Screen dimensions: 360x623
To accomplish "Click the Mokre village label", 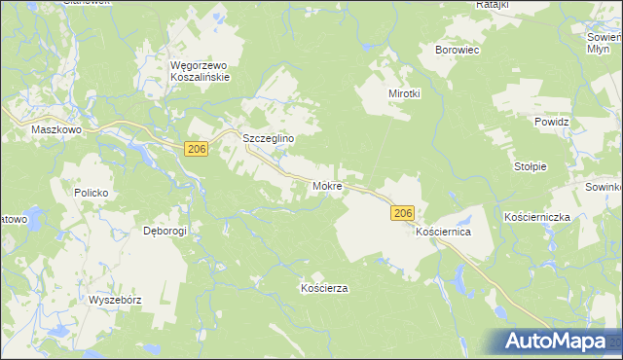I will pyautogui.click(x=326, y=185).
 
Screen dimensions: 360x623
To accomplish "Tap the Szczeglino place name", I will pyautogui.click(x=268, y=139).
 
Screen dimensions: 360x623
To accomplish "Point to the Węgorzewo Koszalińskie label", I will pyautogui.click(x=199, y=71).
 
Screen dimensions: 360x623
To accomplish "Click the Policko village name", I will pyautogui.click(x=90, y=193).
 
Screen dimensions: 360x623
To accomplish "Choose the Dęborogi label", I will pyautogui.click(x=165, y=231).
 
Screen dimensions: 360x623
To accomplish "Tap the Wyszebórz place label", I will pyautogui.click(x=115, y=300).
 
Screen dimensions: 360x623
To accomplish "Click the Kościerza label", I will pyautogui.click(x=324, y=288).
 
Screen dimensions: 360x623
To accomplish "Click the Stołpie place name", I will pyautogui.click(x=531, y=166).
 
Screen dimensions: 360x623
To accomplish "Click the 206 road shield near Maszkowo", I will pyautogui.click(x=197, y=148).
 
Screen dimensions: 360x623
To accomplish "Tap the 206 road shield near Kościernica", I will pyautogui.click(x=405, y=212).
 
